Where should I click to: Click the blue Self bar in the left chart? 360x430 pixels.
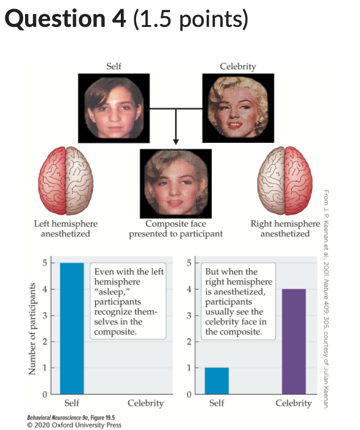pos(71,328)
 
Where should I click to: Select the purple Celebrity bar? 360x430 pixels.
pos(293,341)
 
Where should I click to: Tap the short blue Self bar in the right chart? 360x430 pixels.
pos(217,381)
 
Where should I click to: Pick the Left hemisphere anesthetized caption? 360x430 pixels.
pos(65,229)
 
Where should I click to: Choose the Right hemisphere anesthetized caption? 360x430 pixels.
pos(285,229)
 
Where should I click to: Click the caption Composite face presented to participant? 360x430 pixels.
pos(176,229)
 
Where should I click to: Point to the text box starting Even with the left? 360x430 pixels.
pos(128,301)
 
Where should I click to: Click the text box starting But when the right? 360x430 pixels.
pos(239,301)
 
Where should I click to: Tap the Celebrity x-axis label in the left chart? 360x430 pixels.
pos(146,403)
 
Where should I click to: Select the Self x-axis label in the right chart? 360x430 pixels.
pos(217,403)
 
